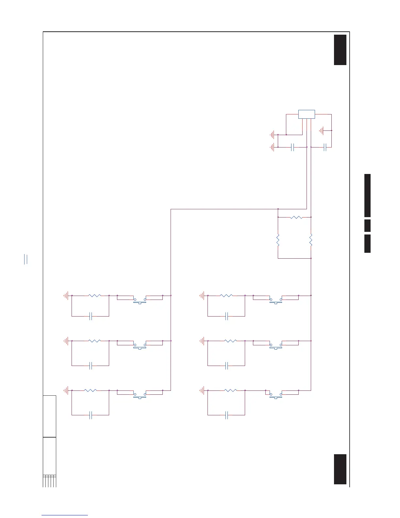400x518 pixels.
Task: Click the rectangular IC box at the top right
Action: click(x=307, y=114)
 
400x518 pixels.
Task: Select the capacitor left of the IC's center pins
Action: click(x=292, y=147)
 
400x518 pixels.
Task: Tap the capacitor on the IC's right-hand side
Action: click(x=325, y=147)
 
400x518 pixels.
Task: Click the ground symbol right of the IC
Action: click(x=322, y=131)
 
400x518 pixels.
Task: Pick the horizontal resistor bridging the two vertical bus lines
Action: click(x=296, y=217)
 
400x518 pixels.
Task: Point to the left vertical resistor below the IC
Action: click(x=278, y=240)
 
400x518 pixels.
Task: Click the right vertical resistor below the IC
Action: click(x=311, y=240)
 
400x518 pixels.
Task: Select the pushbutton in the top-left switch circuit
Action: click(x=140, y=301)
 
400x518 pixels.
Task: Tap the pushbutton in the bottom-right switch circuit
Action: click(x=275, y=395)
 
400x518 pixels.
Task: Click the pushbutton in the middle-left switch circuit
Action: click(x=140, y=346)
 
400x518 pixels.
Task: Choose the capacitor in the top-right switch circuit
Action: click(x=226, y=316)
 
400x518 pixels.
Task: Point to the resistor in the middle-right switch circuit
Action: click(x=230, y=341)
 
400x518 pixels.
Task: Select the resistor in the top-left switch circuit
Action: click(x=94, y=296)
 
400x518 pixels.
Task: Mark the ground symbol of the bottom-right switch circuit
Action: click(x=202, y=390)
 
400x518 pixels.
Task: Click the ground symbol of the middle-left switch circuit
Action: click(x=66, y=341)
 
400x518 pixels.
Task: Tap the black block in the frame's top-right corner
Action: click(x=340, y=50)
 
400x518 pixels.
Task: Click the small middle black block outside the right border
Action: click(x=367, y=226)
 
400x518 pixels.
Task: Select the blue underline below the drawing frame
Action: click(x=65, y=515)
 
